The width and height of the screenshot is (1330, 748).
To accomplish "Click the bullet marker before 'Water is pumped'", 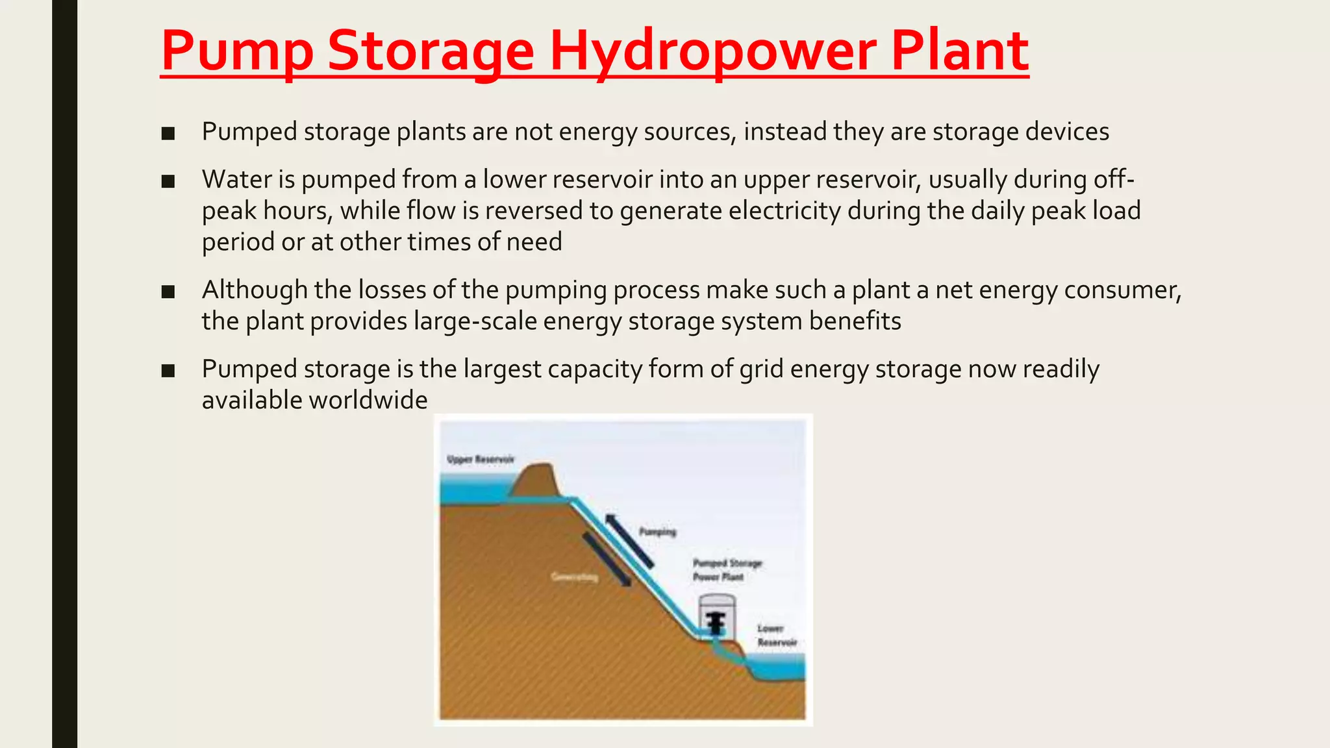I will pos(168,181).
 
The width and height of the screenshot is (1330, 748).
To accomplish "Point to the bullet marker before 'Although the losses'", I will pos(168,292).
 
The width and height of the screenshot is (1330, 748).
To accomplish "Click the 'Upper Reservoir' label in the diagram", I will pos(481,460).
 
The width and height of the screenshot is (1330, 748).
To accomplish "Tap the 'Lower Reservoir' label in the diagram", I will pos(776,636).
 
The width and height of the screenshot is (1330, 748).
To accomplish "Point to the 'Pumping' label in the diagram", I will pos(657,532).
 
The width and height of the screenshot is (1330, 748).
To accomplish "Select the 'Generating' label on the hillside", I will pos(574,577).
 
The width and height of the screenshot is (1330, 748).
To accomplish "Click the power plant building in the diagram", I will pos(716,616).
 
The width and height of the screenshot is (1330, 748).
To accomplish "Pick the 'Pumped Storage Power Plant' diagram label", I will pos(726,570).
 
